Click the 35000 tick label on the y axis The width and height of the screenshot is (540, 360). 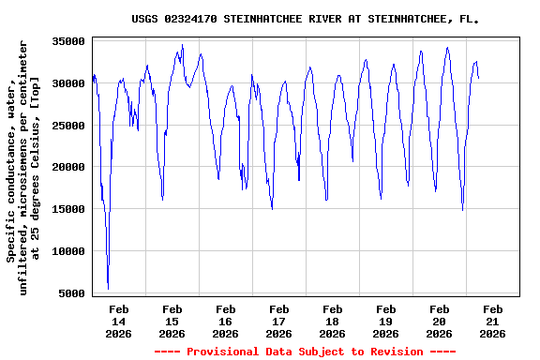(x=68, y=41)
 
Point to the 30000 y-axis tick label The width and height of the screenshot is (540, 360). (x=68, y=83)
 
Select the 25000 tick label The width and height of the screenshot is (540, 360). (x=68, y=126)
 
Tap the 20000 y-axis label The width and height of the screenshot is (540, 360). (x=68, y=168)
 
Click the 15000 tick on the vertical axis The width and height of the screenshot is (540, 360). (x=68, y=209)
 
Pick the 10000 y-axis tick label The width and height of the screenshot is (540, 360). (x=68, y=251)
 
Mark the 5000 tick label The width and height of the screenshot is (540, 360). (x=72, y=293)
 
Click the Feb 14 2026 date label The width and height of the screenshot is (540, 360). (x=119, y=321)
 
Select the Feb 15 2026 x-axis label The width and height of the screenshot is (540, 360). (x=172, y=321)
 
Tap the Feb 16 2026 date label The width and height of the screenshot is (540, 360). (x=226, y=321)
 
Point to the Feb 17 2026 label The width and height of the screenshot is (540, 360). (x=278, y=321)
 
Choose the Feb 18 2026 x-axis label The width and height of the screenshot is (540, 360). (x=332, y=321)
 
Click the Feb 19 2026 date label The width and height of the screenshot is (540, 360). (x=385, y=321)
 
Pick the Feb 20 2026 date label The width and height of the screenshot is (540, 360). (x=439, y=321)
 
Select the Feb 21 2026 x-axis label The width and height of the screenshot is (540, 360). (x=492, y=321)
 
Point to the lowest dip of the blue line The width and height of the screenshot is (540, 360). (x=108, y=288)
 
